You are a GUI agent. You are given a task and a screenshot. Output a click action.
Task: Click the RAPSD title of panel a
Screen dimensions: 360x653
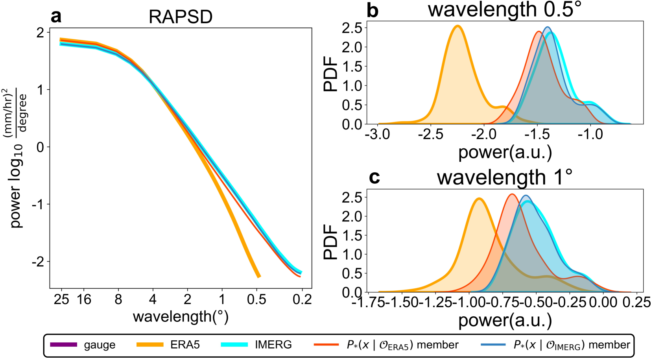tap(181, 17)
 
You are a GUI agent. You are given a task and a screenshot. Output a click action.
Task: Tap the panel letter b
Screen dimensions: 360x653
tap(372, 11)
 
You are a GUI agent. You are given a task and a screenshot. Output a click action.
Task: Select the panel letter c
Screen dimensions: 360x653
tap(374, 177)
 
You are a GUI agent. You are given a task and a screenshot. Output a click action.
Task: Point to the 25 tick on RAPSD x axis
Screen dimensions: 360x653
tap(61, 300)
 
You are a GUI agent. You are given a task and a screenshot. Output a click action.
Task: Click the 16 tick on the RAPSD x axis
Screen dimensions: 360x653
tap(84, 300)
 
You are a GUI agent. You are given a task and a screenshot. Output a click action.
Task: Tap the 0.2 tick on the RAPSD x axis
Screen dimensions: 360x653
tap(302, 300)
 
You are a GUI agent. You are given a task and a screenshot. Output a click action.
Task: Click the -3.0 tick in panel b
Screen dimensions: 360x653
tap(378, 135)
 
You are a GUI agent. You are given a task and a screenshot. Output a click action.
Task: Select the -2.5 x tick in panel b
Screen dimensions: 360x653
tap(431, 135)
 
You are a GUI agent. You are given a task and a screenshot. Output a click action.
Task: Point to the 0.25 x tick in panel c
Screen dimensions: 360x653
tap(637, 302)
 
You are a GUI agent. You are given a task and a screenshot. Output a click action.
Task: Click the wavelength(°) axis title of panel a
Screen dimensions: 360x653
tap(181, 316)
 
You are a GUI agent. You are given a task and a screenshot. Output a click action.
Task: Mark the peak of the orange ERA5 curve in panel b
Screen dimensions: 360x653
tap(457, 26)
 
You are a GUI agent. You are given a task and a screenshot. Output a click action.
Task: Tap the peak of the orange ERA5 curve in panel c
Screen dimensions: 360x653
tap(479, 199)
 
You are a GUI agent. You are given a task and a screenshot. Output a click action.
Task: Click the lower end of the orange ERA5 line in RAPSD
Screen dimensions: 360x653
tap(259, 277)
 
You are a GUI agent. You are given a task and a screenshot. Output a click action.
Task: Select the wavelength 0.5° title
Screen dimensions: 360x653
tap(505, 9)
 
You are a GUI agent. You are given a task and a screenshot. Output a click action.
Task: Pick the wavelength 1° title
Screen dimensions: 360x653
tap(505, 177)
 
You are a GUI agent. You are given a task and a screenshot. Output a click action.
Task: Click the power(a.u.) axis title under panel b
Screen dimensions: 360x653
tap(505, 153)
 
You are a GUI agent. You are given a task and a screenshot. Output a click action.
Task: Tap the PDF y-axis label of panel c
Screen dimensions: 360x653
tap(330, 242)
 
